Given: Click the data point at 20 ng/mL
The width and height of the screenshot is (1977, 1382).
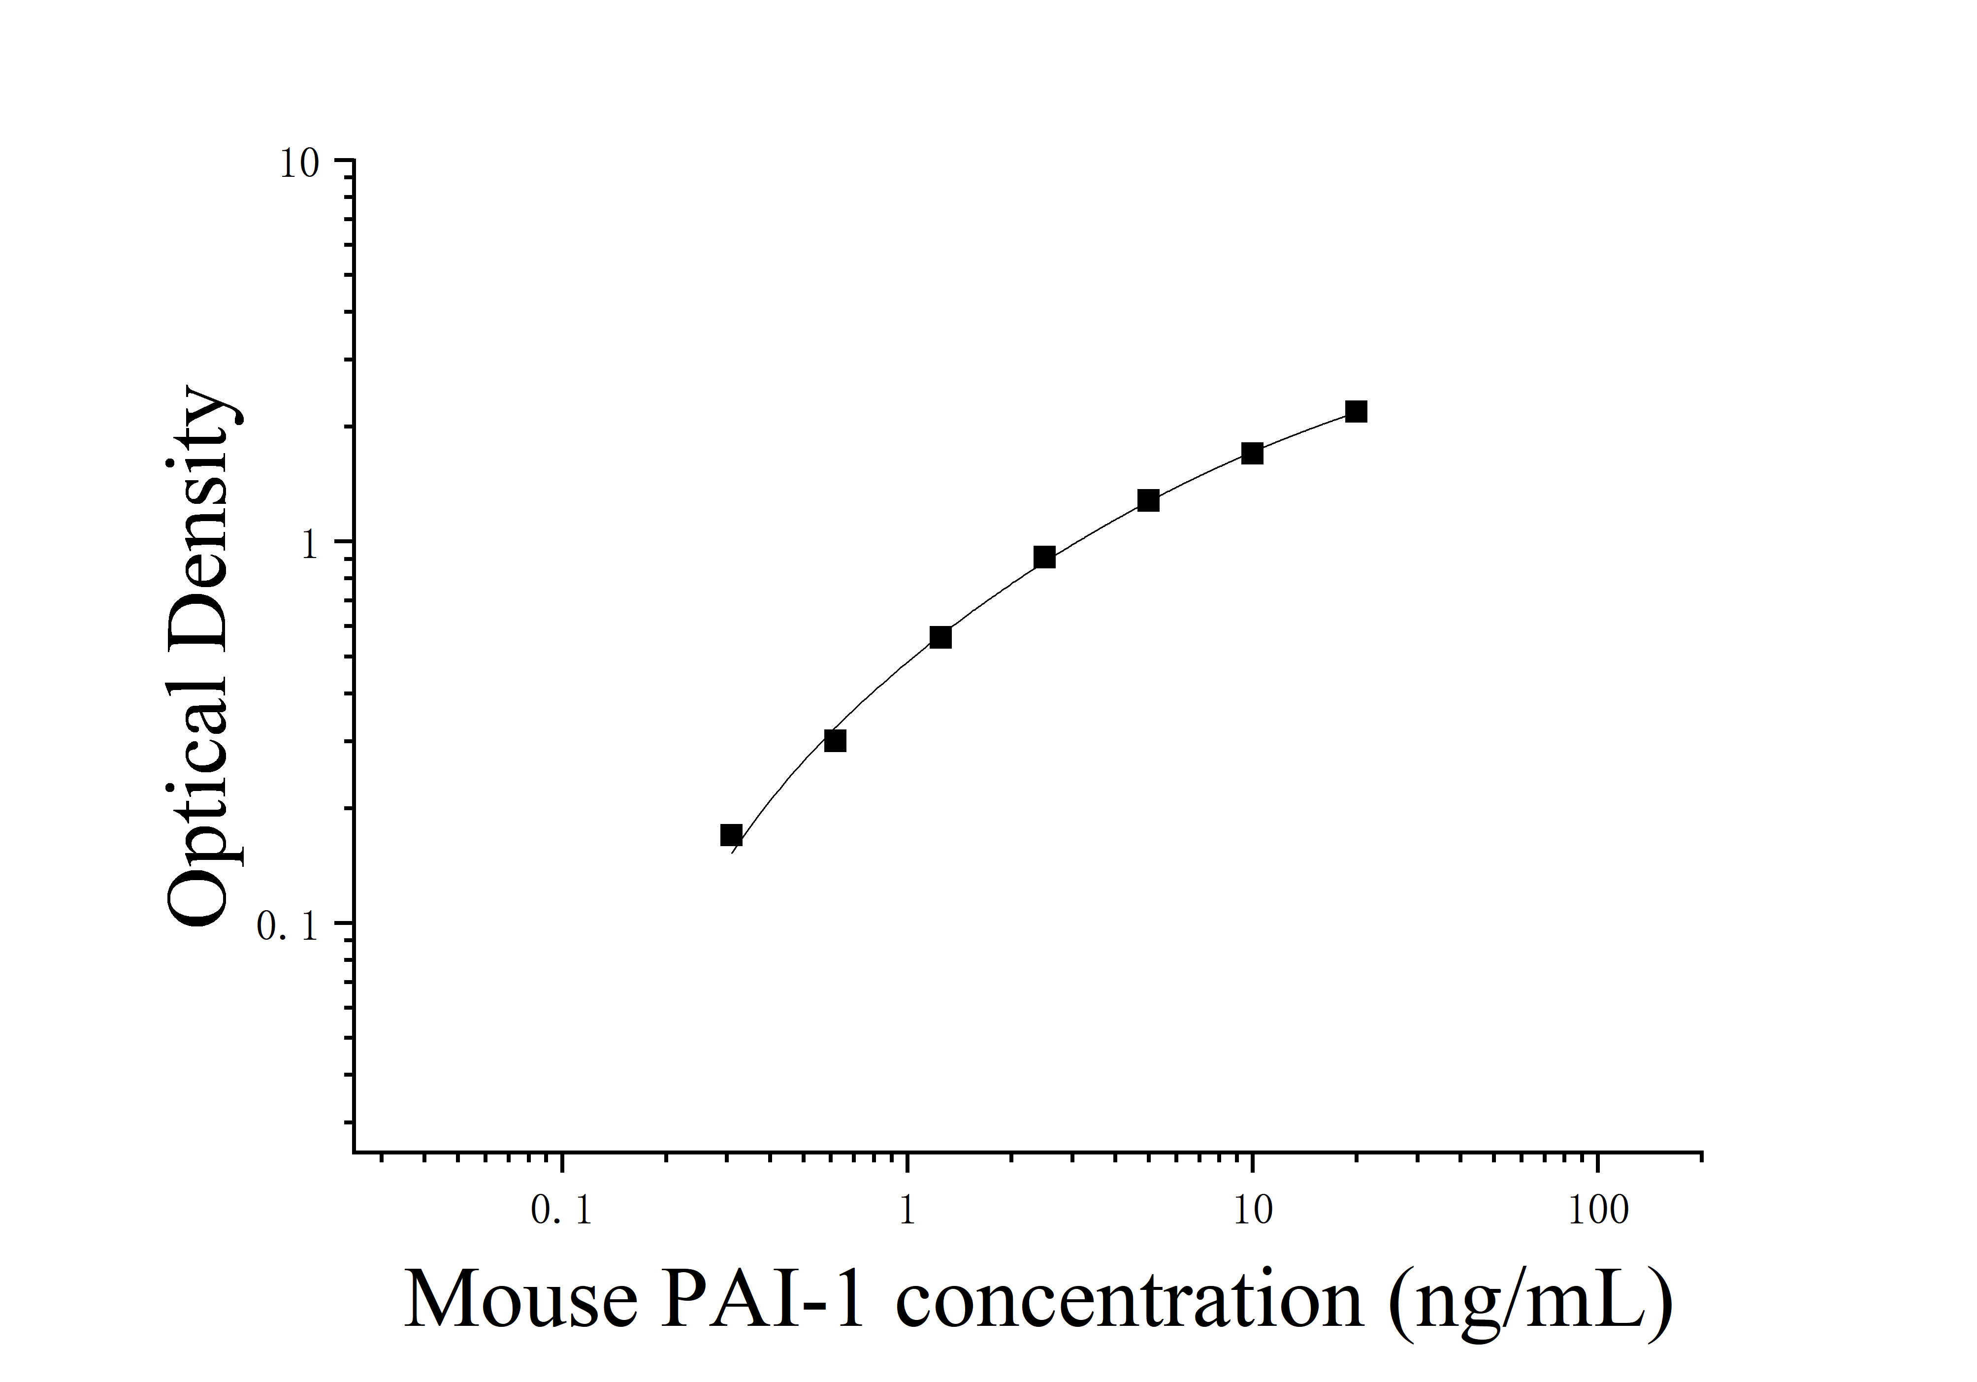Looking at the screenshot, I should tap(1356, 412).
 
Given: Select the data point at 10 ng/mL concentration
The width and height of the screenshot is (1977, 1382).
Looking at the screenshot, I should tap(1252, 454).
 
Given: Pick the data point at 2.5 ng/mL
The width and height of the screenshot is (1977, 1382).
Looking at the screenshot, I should tap(1044, 557).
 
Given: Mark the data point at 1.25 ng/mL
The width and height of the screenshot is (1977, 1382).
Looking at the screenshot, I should tap(940, 638).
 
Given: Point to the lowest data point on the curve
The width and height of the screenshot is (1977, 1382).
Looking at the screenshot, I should tap(731, 834).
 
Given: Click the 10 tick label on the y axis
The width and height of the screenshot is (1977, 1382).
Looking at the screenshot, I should tap(299, 164).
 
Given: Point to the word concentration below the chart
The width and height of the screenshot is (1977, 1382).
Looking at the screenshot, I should tap(1129, 1300).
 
